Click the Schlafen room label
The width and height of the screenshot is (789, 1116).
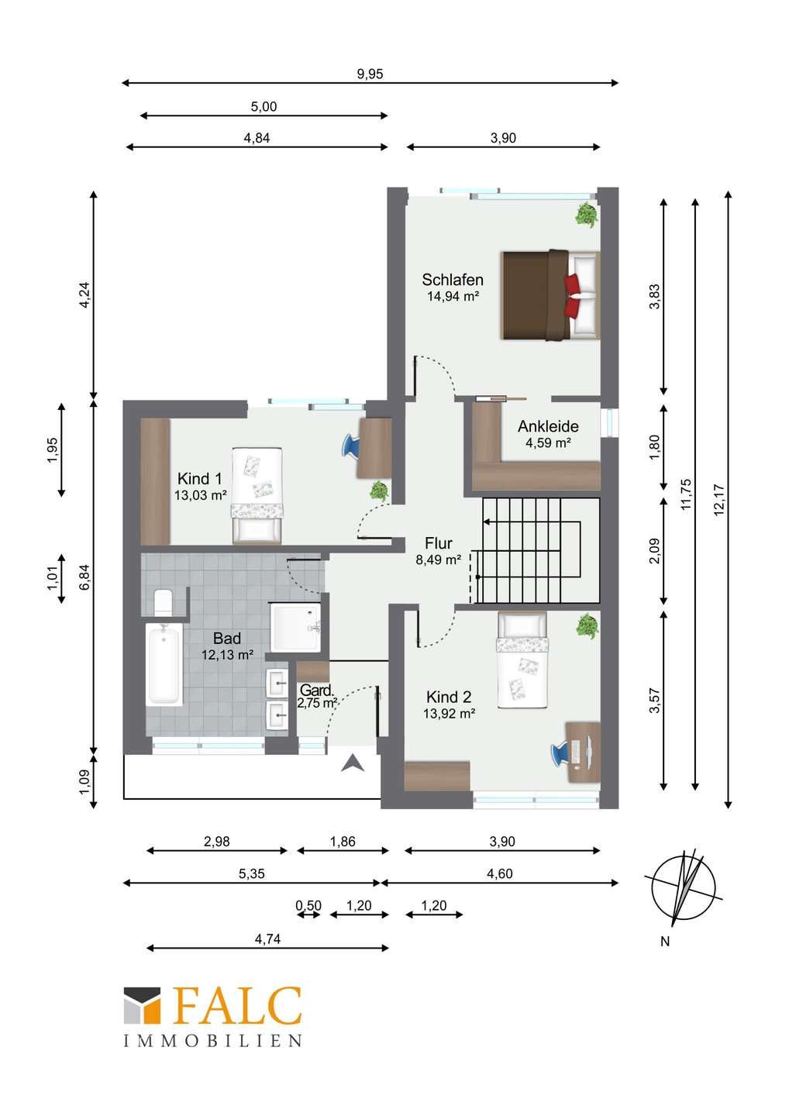pos(453,280)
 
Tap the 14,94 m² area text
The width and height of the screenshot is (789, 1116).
pos(453,296)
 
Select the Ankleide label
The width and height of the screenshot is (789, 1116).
pos(548,426)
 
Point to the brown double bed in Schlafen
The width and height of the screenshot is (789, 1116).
pos(551,295)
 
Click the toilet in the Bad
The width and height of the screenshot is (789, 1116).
pos(163,602)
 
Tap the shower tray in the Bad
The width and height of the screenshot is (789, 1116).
pos(295,627)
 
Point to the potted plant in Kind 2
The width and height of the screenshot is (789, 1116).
pos(587,625)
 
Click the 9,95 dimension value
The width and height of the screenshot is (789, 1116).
pos(370,74)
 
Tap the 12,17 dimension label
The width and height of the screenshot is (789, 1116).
pos(718,500)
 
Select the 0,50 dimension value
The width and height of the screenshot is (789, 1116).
pos(308,905)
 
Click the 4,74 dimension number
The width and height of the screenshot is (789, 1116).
pos(267,939)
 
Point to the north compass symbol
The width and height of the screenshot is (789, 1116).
pos(684,887)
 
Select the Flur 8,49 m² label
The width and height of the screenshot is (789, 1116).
pos(439,551)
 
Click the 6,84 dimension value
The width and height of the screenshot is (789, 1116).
pos(85,577)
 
